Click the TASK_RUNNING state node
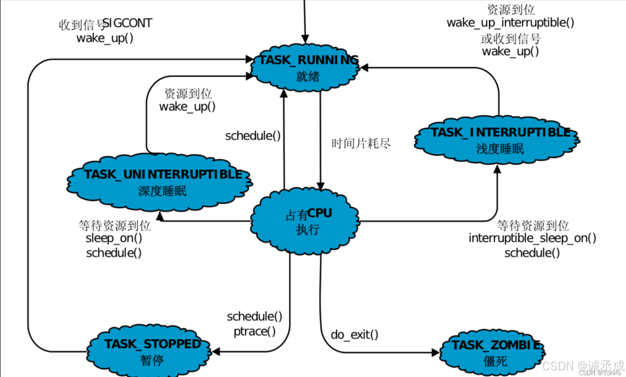[x=305, y=68]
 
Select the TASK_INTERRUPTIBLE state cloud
[x=497, y=140]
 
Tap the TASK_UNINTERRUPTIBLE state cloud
[x=160, y=182]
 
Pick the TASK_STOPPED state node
[x=149, y=351]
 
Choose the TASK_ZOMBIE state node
[x=493, y=353]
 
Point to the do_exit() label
[x=354, y=335]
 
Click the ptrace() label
[x=255, y=332]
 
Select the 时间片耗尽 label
[x=361, y=144]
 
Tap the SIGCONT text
[x=127, y=23]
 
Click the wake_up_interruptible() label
[x=510, y=23]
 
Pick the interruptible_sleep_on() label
[x=533, y=238]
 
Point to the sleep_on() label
[x=114, y=238]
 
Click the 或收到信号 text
[x=510, y=39]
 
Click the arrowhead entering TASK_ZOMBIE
[x=435, y=353]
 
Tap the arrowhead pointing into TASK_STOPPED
[x=216, y=352]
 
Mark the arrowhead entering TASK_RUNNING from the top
[x=305, y=39]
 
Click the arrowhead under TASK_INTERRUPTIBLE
[x=497, y=169]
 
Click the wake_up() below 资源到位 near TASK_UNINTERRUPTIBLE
[x=187, y=106]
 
